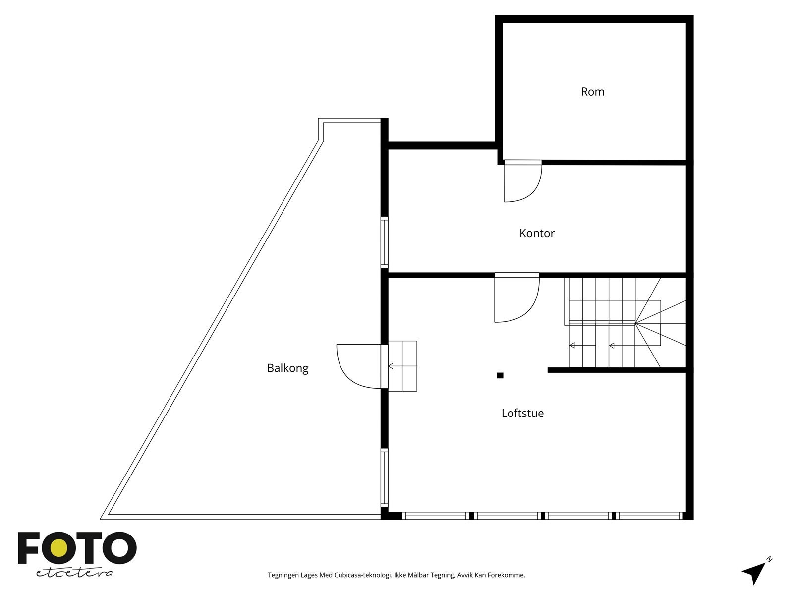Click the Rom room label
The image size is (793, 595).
tap(592, 92)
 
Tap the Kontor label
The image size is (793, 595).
tap(537, 233)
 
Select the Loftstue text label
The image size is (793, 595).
tap(522, 413)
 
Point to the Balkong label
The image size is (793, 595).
tap(287, 368)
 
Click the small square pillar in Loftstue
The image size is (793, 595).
tap(500, 375)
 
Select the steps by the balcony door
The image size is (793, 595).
tap(402, 366)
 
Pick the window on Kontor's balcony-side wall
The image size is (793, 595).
tap(384, 242)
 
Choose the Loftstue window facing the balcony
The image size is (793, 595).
tap(384, 477)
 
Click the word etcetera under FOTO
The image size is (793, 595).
tap(74, 573)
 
